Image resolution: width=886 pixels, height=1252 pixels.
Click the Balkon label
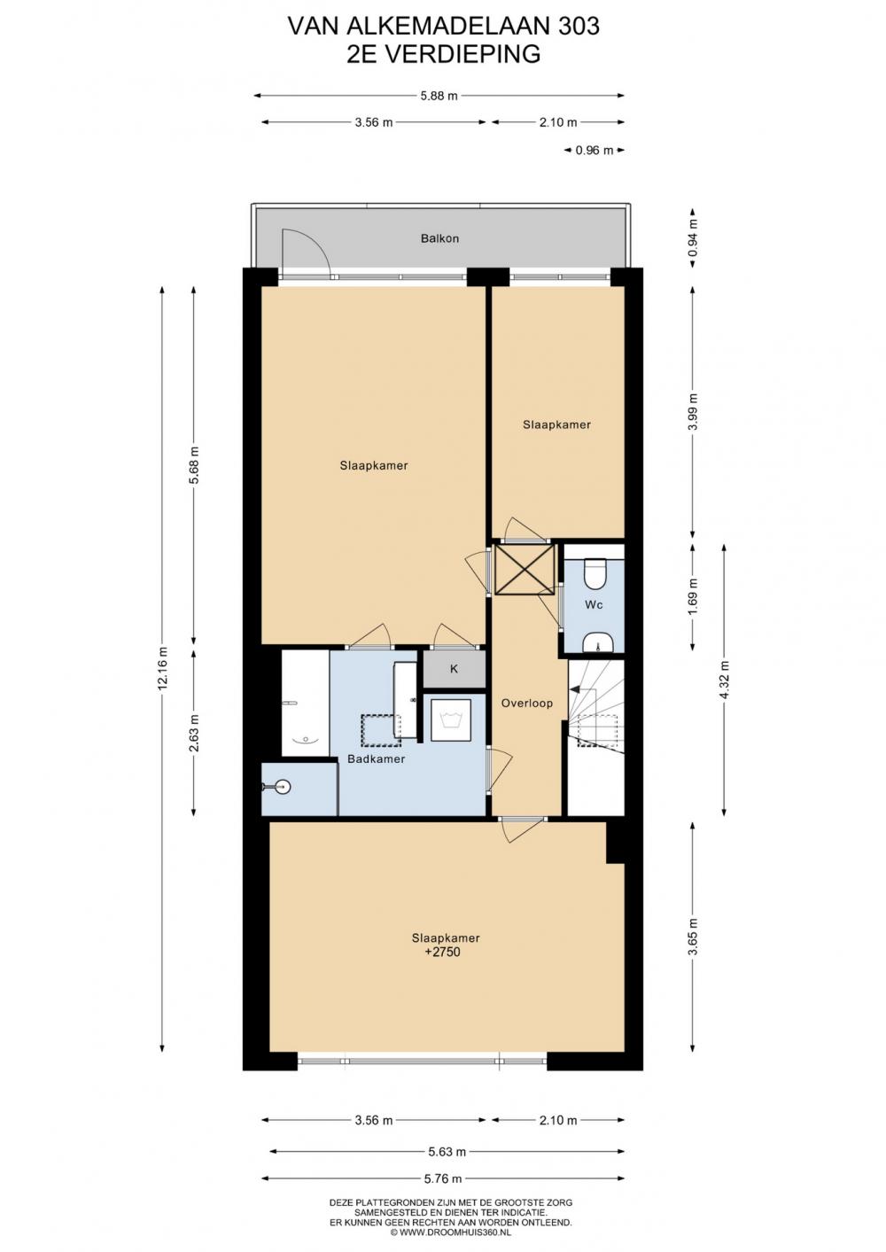439,238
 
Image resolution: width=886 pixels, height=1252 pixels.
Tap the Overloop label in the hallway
526,704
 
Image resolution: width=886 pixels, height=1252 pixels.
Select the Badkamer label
377,758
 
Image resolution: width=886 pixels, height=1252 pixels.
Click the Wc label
594,604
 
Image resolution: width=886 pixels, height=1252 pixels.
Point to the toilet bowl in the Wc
593,573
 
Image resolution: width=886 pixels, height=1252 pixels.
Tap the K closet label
454,668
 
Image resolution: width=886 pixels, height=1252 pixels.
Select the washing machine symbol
451,719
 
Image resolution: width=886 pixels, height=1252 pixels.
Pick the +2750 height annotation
443,952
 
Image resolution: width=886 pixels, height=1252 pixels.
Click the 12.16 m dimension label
162,668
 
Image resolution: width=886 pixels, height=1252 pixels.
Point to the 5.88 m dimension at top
439,96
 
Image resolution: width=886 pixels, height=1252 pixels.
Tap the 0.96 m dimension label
595,150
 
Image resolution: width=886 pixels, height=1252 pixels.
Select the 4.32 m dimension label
725,680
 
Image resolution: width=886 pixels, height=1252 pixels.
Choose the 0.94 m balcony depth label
693,237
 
